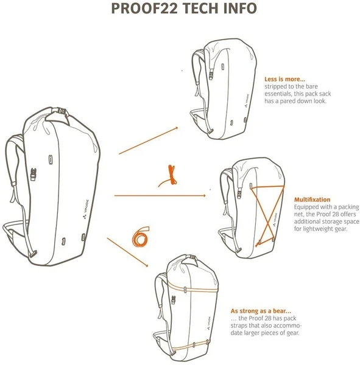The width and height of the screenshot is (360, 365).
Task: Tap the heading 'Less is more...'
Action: coord(284,79)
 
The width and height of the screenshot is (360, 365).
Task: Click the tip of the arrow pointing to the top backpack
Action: coord(178,127)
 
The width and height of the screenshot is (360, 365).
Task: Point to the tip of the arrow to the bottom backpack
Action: coord(149,266)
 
